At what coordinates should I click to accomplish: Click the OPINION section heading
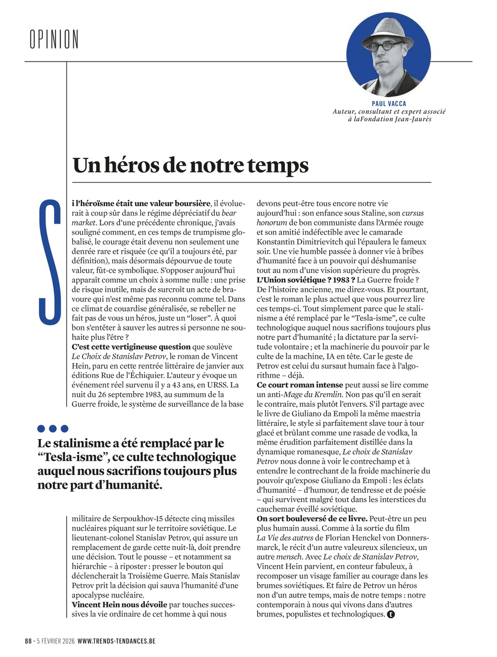[54, 39]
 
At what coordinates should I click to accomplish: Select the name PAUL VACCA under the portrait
[389, 103]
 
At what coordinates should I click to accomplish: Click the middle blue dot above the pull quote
[53, 428]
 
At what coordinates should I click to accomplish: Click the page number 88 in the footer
[28, 640]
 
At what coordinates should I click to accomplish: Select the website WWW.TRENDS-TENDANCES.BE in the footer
[116, 640]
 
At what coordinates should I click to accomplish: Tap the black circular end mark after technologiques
[391, 615]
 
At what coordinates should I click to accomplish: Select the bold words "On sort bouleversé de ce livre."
[312, 518]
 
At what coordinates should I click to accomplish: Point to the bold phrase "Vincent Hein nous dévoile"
[119, 604]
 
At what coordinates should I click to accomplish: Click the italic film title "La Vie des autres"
[285, 537]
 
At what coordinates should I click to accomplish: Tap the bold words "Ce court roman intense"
[300, 385]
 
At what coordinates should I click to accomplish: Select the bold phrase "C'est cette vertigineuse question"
[131, 347]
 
